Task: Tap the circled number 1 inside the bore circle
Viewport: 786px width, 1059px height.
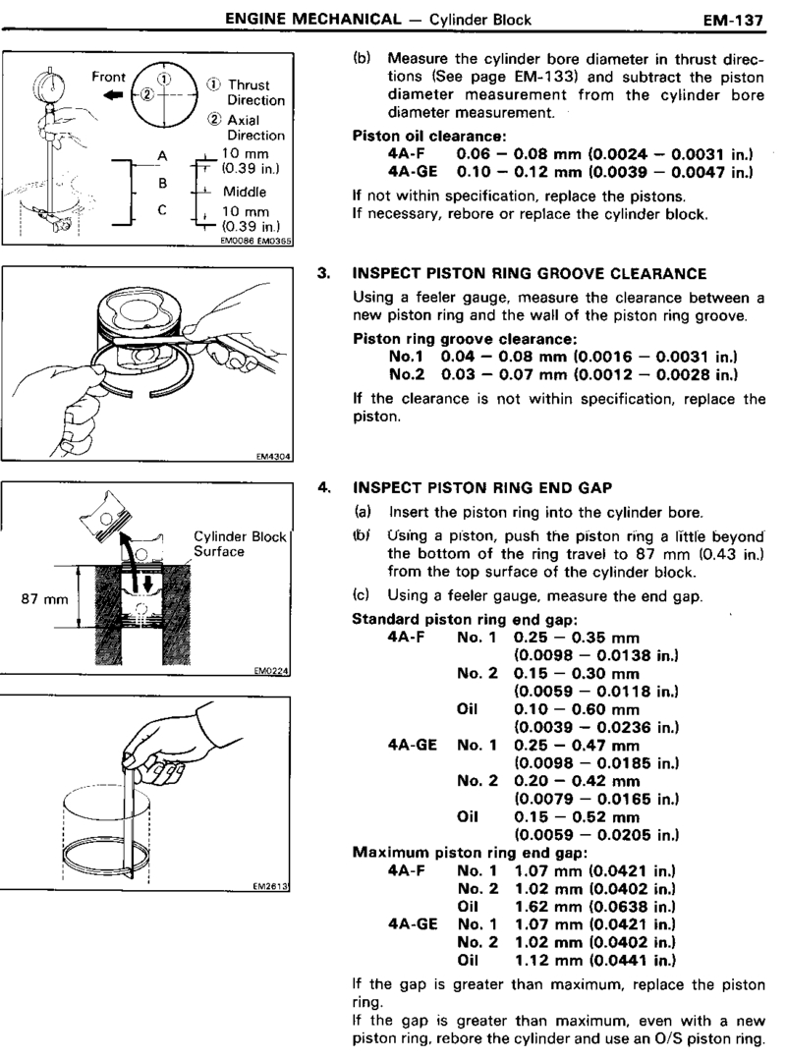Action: (164, 79)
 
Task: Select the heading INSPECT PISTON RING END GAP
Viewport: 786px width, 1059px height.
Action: (488, 486)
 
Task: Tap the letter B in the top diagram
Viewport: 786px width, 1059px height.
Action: (165, 183)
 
